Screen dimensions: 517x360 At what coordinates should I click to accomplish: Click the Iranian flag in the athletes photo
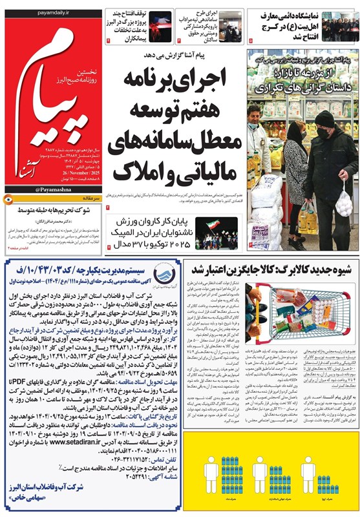[x=213, y=226]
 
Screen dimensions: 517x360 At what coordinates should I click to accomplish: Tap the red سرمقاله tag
[x=87, y=201]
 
